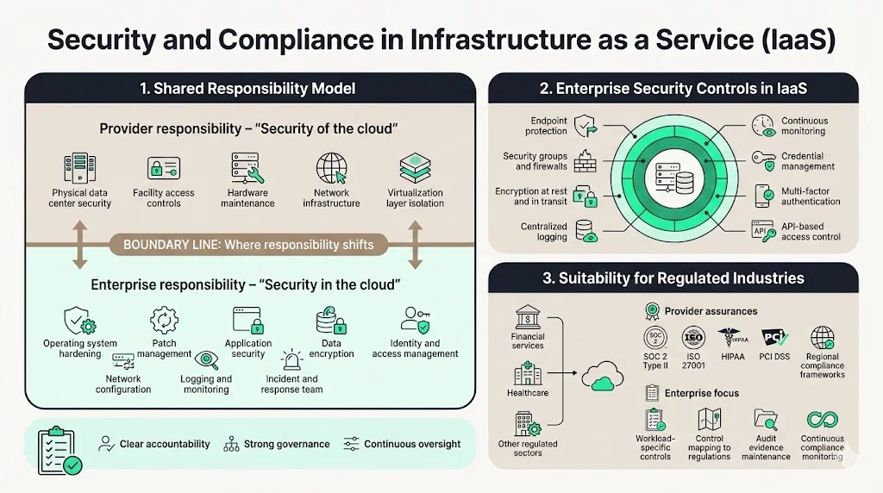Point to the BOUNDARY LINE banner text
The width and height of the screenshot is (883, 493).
coord(248,245)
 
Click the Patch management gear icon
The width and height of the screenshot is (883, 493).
coord(164,321)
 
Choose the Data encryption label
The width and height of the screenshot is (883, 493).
coord(331,348)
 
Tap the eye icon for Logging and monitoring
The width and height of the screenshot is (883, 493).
coord(206,360)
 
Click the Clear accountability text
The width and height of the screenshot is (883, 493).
coord(164,444)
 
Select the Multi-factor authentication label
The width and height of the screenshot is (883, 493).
coord(811,196)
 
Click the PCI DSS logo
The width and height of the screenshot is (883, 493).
coord(773,337)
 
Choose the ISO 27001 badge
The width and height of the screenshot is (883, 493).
coord(693,337)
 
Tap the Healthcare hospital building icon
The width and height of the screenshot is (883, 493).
coord(527,374)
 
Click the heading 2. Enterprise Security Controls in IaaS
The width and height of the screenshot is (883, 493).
coord(673,88)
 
